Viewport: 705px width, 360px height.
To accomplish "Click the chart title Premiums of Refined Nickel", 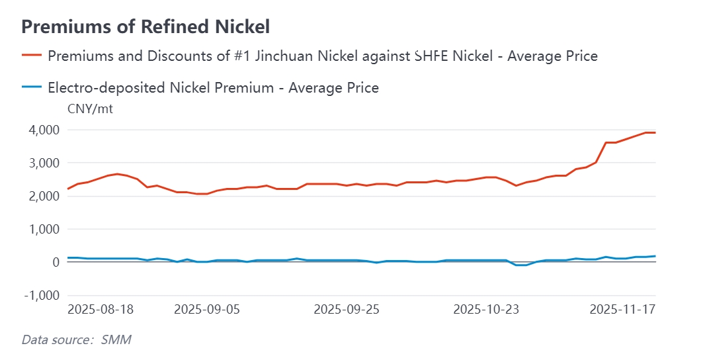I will coord(145,26).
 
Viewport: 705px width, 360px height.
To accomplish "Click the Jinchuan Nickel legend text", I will coord(323,56).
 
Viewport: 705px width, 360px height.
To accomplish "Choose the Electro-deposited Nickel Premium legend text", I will coord(213,87).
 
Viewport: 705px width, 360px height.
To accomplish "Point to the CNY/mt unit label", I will coord(91,109).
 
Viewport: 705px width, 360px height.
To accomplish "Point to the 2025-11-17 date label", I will coord(622,309).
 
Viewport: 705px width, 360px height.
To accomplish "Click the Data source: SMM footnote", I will coord(77,340).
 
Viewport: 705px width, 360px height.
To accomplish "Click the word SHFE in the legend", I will coord(431,56).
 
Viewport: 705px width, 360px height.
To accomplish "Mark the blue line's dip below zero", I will coord(521,265).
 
